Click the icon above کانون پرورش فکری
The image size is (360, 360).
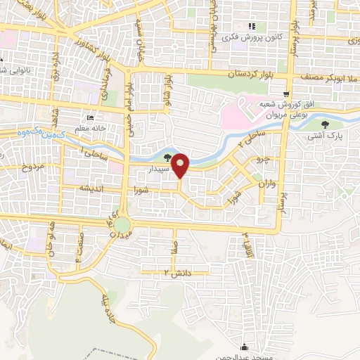[x=251, y=26]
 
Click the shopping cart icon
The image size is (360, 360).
[x=285, y=94]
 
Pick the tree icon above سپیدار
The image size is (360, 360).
[x=167, y=157]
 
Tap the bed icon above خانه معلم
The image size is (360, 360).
[x=90, y=117]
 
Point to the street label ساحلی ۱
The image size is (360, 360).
[x=92, y=149]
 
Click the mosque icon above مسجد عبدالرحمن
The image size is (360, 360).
[x=244, y=347]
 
